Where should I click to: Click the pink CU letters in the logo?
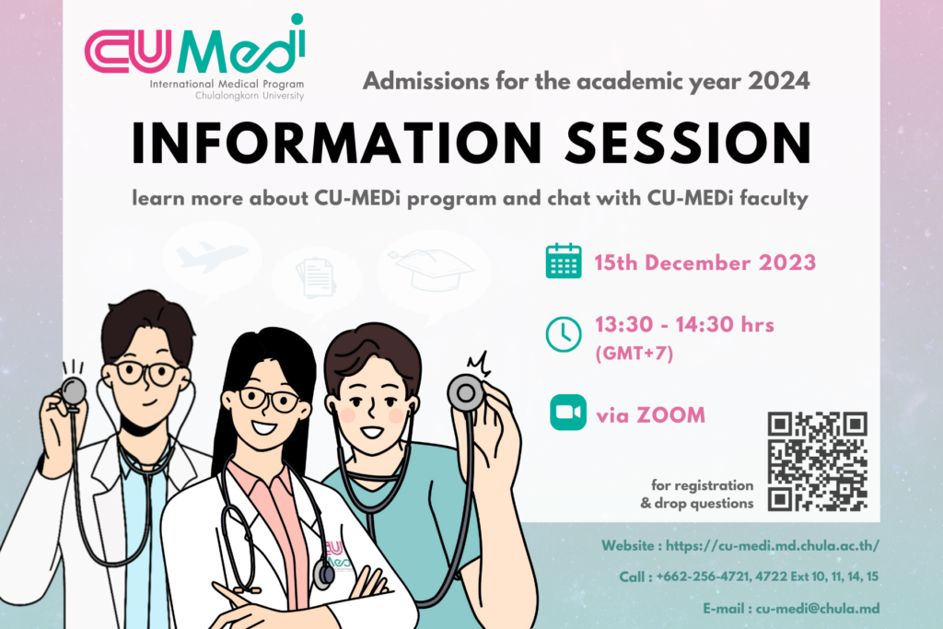pyautogui.click(x=127, y=52)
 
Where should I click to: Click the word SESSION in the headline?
pyautogui.click(x=689, y=143)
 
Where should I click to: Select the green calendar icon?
pyautogui.click(x=564, y=262)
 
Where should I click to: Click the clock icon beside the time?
pyautogui.click(x=564, y=333)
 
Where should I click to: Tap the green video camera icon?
pyautogui.click(x=567, y=413)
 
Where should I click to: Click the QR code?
pyautogui.click(x=818, y=461)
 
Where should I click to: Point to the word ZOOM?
pyautogui.click(x=670, y=415)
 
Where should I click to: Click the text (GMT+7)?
pyautogui.click(x=634, y=353)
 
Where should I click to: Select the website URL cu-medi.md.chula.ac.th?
pyautogui.click(x=773, y=545)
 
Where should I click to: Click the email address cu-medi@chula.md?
pyautogui.click(x=818, y=608)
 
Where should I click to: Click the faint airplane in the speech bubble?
pyautogui.click(x=212, y=256)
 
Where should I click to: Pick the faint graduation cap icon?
pyautogui.click(x=431, y=269)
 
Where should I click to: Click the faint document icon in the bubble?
pyautogui.click(x=317, y=277)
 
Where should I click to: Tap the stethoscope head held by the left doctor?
pyautogui.click(x=74, y=391)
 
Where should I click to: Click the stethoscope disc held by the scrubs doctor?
pyautogui.click(x=465, y=393)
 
